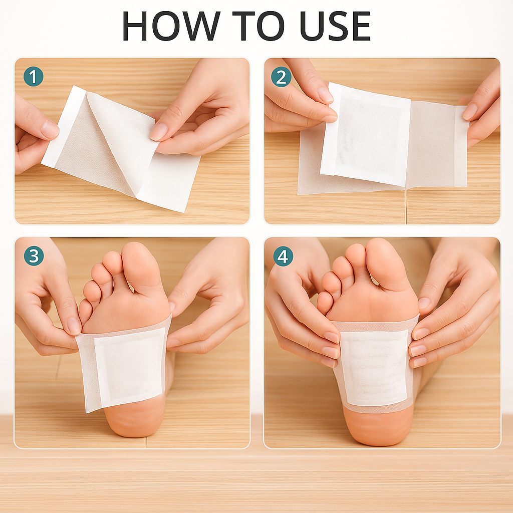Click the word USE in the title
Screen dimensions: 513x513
click(335, 26)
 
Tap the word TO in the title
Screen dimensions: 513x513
click(258, 26)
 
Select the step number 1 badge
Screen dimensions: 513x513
click(34, 77)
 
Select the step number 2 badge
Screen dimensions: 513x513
click(281, 77)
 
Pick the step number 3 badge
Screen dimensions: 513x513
click(34, 255)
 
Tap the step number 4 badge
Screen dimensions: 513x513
click(283, 256)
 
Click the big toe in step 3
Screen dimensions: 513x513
click(142, 265)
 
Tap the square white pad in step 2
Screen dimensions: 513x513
click(365, 134)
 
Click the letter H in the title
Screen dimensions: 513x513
click(134, 26)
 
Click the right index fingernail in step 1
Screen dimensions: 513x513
click(158, 132)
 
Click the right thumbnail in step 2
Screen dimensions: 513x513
click(470, 112)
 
